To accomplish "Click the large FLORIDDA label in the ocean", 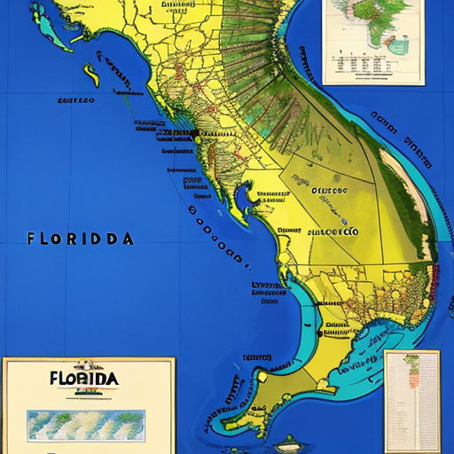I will pyautogui.click(x=81, y=239).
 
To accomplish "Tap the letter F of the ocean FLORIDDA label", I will pyautogui.click(x=32, y=239).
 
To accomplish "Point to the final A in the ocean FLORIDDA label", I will pyautogui.click(x=129, y=239).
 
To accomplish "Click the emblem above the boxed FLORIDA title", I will pyautogui.click(x=88, y=364).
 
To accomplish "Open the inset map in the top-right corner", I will pyautogui.click(x=361, y=42).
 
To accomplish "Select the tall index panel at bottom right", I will pyautogui.click(x=412, y=401).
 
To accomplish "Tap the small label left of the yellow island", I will pyautogui.click(x=75, y=101).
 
